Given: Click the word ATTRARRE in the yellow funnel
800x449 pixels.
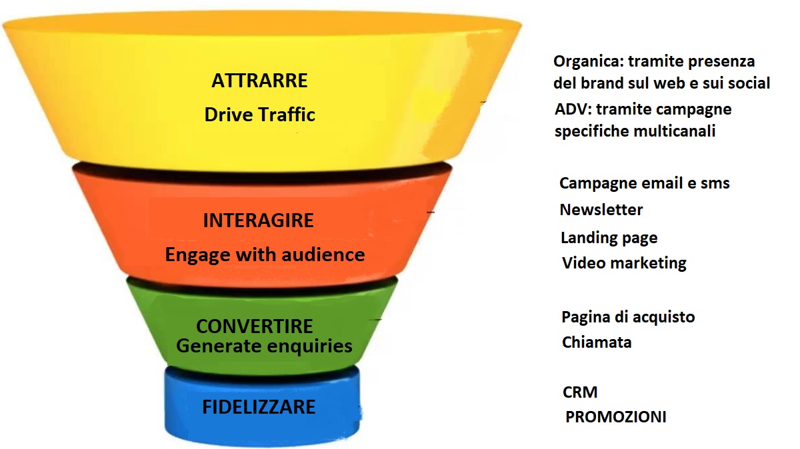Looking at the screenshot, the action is point(259,81).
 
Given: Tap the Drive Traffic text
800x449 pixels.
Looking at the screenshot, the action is point(259,115).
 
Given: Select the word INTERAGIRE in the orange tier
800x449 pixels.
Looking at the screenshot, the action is point(258,221).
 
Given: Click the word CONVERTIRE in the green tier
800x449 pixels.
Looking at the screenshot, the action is point(255,326).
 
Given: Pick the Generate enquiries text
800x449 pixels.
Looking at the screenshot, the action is point(264,346).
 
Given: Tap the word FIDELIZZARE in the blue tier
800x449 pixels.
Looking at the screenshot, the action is point(259,407).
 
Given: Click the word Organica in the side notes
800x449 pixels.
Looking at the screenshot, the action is point(588,62).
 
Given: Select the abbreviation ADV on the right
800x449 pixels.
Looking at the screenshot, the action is point(573,109).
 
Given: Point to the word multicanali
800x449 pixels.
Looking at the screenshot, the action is point(675,131).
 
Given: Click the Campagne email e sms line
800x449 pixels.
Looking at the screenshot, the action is point(644,183).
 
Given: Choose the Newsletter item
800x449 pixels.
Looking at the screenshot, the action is point(601,210).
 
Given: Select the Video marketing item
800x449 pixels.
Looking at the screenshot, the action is point(624,263).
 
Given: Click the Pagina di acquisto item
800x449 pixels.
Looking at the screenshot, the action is point(628,317).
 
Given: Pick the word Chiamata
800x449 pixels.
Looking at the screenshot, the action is point(597,342).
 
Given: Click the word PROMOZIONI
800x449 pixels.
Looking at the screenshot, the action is point(616,417).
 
